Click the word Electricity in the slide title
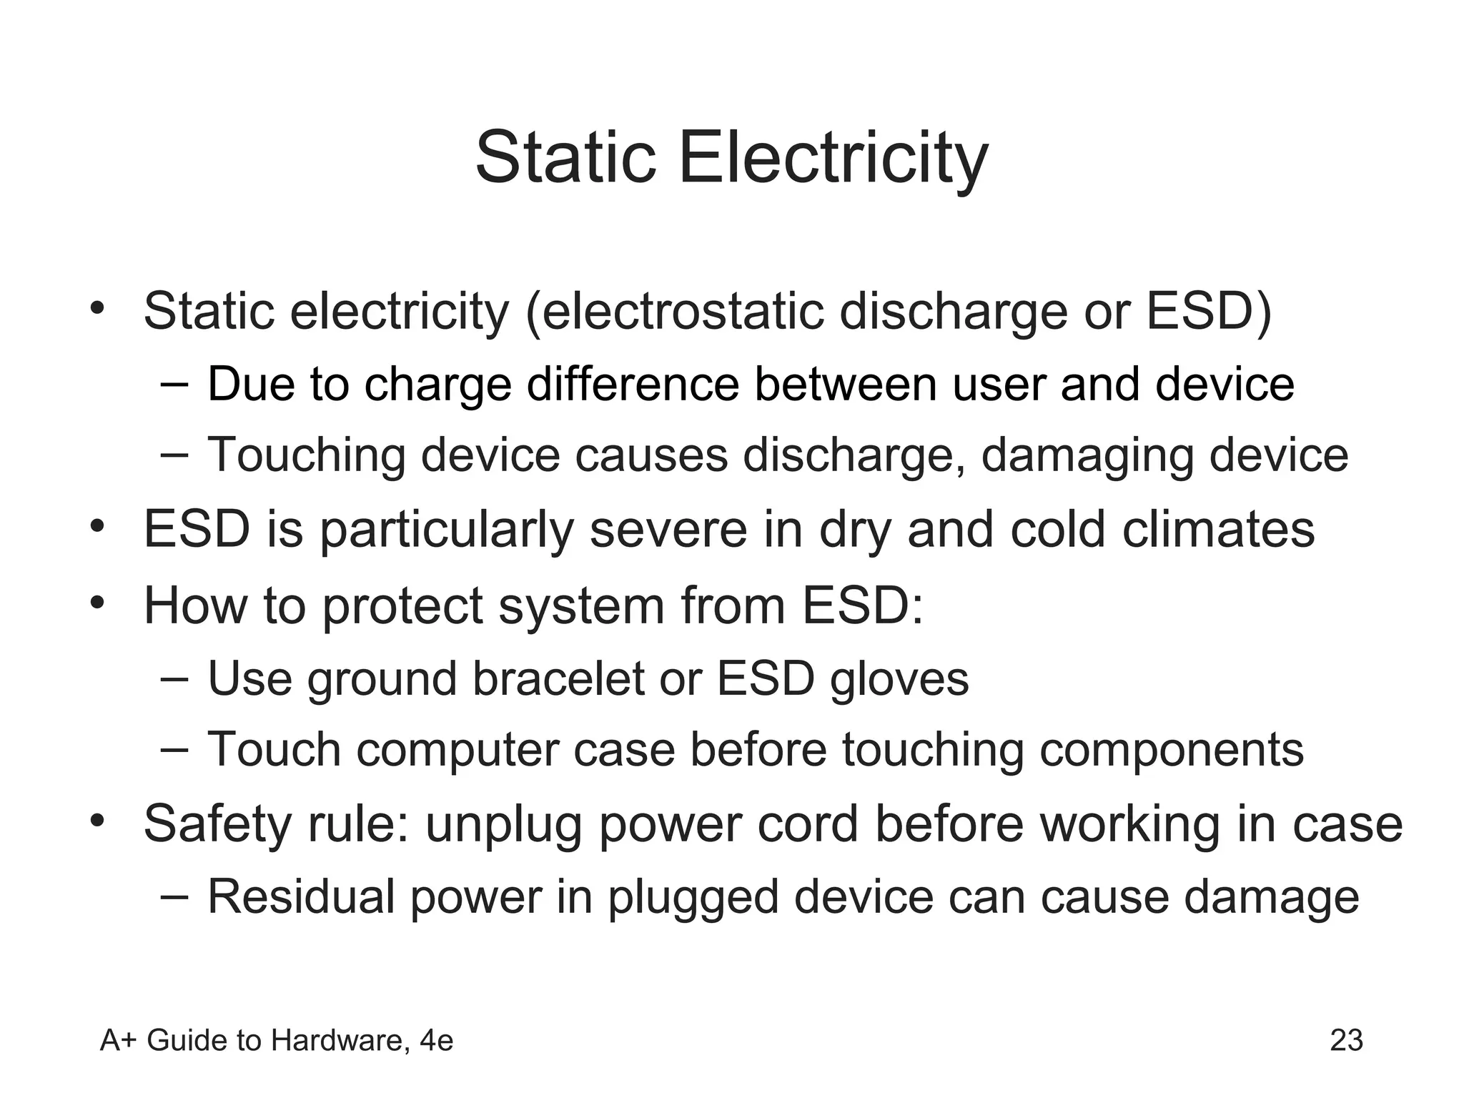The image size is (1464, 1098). coord(833,159)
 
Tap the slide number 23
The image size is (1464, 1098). coord(1346,1040)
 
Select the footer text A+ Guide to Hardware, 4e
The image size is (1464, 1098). coord(277,1040)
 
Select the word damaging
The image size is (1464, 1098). coord(1087,456)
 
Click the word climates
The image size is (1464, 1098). coord(1218,530)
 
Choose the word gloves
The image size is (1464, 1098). coord(899,679)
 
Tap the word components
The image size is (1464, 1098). coord(1171,751)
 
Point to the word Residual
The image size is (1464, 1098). coord(301,896)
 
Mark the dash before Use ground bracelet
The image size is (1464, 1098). coord(174,677)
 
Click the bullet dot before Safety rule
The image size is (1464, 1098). coord(98,818)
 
